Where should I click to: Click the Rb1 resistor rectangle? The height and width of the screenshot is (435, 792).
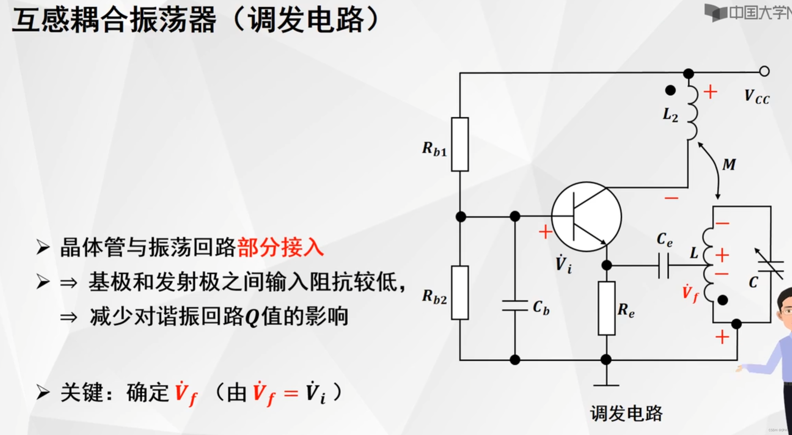(460, 145)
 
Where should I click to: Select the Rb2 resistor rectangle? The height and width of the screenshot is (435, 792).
(460, 293)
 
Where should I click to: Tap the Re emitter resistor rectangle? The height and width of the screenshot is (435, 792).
(606, 308)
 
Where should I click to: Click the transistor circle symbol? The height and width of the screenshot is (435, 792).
(586, 217)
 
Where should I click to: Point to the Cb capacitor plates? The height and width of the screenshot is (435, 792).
(515, 306)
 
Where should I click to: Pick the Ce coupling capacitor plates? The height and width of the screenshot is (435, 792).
(663, 266)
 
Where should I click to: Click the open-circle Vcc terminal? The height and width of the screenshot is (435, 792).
(764, 71)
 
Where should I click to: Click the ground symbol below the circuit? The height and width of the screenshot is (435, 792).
(606, 385)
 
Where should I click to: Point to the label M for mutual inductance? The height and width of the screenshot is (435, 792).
(729, 165)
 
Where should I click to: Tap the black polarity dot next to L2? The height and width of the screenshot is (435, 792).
(670, 90)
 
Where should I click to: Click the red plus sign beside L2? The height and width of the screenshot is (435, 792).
(710, 92)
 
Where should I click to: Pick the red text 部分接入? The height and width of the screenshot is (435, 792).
(280, 247)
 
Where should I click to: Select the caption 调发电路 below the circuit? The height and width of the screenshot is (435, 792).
(626, 413)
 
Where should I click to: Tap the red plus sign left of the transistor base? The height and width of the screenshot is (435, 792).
(546, 232)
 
